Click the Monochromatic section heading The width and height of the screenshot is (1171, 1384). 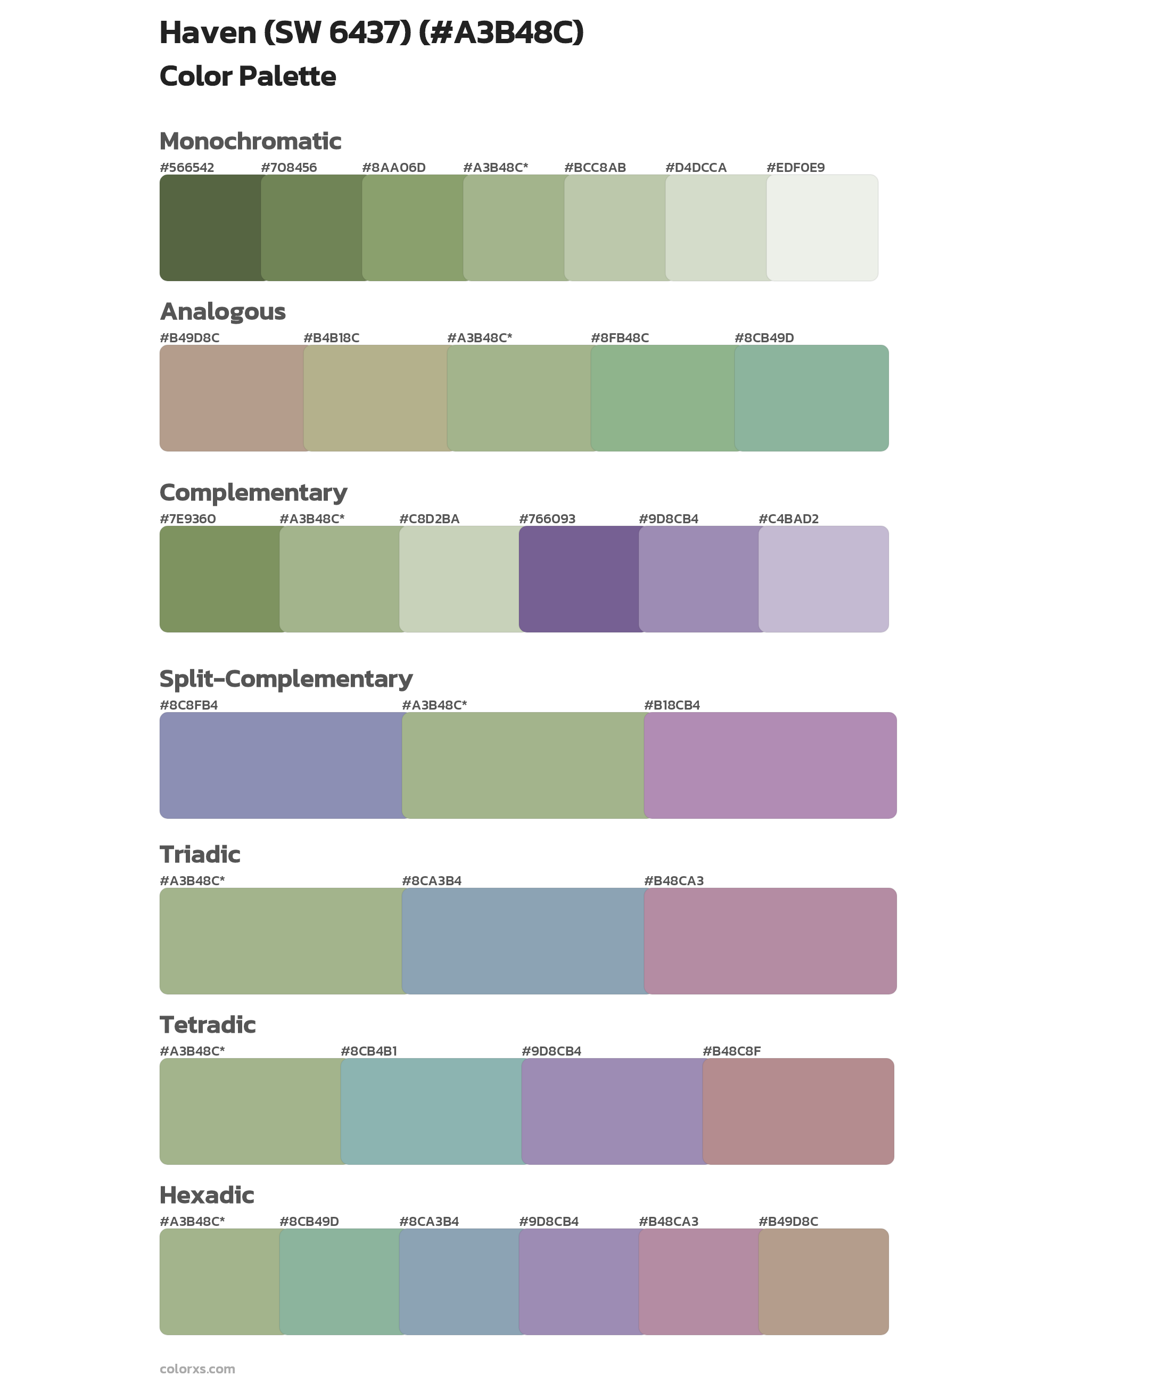tap(250, 142)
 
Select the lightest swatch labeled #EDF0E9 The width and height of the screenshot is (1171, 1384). tap(822, 228)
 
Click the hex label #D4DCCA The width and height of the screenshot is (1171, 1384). tap(696, 167)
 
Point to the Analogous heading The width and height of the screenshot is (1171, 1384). tap(222, 311)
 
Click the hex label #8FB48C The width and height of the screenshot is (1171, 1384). tap(620, 338)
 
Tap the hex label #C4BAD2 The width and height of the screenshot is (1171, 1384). tap(788, 518)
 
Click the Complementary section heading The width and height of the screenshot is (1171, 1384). tap(253, 492)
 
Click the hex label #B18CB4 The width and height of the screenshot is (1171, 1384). tap(672, 705)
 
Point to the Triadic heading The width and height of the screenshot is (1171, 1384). tap(200, 854)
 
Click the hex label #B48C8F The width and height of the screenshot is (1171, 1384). tap(731, 1051)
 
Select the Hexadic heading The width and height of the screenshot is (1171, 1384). tap(207, 1195)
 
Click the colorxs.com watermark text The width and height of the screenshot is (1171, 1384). tap(197, 1368)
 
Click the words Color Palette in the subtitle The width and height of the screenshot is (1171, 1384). tap(248, 76)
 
